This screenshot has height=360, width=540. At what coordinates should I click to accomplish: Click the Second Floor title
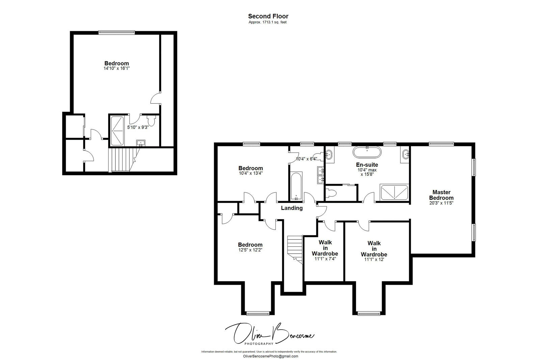(x=268, y=16)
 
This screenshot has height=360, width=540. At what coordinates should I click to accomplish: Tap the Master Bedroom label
(x=441, y=195)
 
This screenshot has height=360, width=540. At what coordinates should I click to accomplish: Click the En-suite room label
(x=367, y=165)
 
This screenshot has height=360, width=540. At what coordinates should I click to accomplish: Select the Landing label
(x=292, y=208)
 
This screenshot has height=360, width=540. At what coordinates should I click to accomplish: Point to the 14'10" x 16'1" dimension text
(x=116, y=68)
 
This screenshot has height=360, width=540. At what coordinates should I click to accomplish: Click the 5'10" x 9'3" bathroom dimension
(x=138, y=127)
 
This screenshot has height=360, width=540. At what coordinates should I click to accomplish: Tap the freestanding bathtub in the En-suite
(x=367, y=152)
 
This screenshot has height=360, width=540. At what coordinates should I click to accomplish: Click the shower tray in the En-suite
(x=394, y=193)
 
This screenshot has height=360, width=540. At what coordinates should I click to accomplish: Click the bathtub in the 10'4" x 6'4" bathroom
(x=296, y=186)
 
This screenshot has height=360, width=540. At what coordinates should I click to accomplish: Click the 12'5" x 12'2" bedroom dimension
(x=250, y=250)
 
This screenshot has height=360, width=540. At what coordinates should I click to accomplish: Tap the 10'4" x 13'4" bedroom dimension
(x=250, y=173)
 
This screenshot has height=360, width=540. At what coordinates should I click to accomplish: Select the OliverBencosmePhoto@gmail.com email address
(x=270, y=356)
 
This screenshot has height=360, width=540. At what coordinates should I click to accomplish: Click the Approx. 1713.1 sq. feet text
(x=267, y=22)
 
